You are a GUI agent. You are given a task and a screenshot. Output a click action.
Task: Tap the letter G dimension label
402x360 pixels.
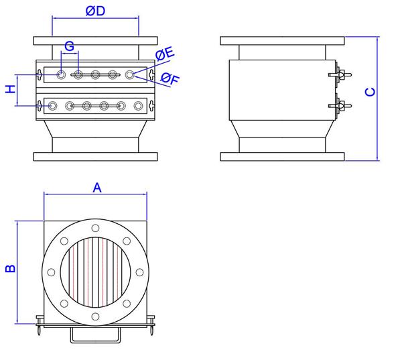tap(68, 46)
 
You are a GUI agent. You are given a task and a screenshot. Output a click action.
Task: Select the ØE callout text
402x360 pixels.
tap(165, 54)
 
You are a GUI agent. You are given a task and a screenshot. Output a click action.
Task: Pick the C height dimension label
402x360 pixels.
tap(371, 92)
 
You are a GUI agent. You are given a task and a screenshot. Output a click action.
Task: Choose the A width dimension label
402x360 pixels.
tap(96, 188)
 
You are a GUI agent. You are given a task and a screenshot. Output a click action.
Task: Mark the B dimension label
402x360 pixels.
tap(10, 269)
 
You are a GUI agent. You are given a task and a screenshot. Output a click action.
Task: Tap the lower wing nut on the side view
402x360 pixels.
tap(339, 105)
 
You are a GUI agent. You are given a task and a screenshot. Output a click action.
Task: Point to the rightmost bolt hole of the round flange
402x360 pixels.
tap(139, 272)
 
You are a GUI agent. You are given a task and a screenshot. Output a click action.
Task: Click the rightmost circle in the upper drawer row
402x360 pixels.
tap(130, 74)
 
